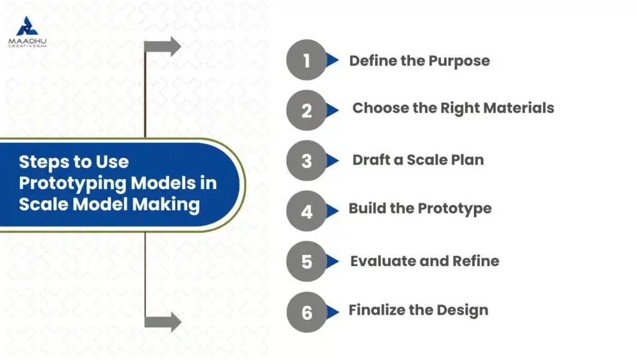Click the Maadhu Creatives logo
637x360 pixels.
(x=27, y=32)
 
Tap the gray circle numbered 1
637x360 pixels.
(x=306, y=60)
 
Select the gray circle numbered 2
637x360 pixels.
(x=306, y=110)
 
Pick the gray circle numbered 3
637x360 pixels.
(x=306, y=160)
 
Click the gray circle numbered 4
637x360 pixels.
(x=306, y=211)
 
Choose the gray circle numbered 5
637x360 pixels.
(x=306, y=261)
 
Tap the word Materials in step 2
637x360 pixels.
(x=513, y=108)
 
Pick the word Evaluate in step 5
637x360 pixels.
(x=383, y=261)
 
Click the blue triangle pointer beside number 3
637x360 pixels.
(x=333, y=160)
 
